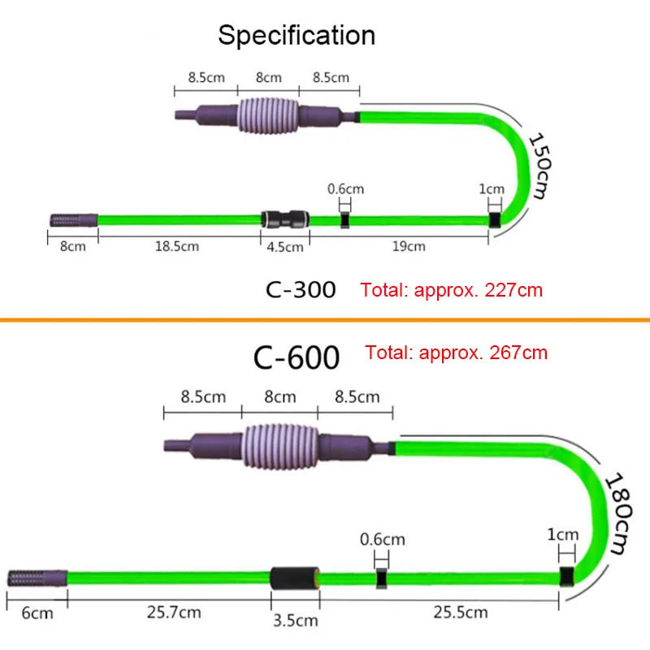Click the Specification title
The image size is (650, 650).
coord(297,35)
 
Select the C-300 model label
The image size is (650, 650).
coord(301,289)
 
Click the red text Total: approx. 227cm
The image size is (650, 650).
coord(452,289)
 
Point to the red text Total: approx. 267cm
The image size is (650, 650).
coord(456,353)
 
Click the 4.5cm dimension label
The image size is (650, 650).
coord(284,246)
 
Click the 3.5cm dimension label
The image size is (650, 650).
coord(296,622)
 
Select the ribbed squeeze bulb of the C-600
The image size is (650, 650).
coord(280,445)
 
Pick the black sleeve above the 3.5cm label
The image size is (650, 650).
coord(295,578)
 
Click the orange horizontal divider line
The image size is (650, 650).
coord(325,320)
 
